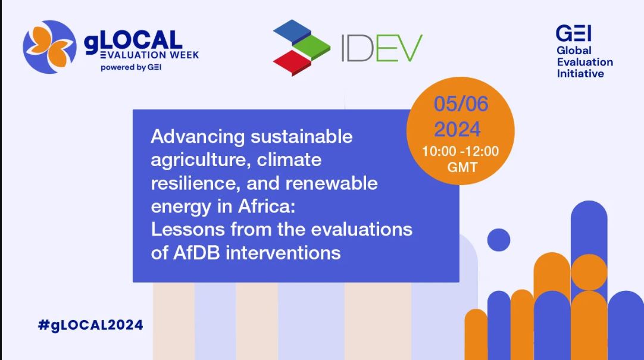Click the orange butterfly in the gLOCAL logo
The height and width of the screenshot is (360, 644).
pyautogui.click(x=49, y=46)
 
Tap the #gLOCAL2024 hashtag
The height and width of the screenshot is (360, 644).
pyautogui.click(x=90, y=325)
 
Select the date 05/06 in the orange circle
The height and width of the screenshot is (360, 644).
pyautogui.click(x=461, y=104)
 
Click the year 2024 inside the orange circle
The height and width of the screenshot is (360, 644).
pyautogui.click(x=458, y=129)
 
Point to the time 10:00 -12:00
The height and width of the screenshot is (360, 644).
pyautogui.click(x=461, y=152)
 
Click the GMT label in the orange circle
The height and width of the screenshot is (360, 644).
pyautogui.click(x=462, y=167)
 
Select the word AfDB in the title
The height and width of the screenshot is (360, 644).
pyautogui.click(x=196, y=252)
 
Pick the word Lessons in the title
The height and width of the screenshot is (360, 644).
pyautogui.click(x=188, y=230)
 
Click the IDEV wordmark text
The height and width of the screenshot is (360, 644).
pyautogui.click(x=382, y=48)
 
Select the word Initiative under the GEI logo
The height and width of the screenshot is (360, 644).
pyautogui.click(x=580, y=74)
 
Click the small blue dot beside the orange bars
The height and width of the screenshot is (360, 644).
pyautogui.click(x=499, y=240)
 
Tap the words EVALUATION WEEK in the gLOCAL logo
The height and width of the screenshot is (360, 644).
pyautogui.click(x=149, y=55)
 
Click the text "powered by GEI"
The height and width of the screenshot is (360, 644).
pyautogui.click(x=131, y=68)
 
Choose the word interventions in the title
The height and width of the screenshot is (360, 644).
pyautogui.click(x=283, y=252)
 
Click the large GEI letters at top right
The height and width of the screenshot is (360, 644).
pyautogui.click(x=573, y=33)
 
